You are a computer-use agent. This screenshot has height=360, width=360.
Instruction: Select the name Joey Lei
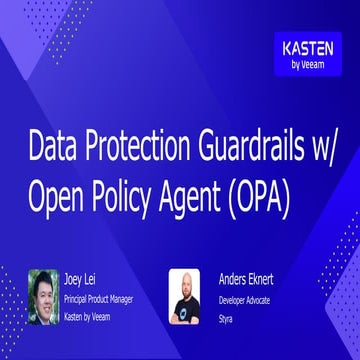pyautogui.click(x=91, y=271)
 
